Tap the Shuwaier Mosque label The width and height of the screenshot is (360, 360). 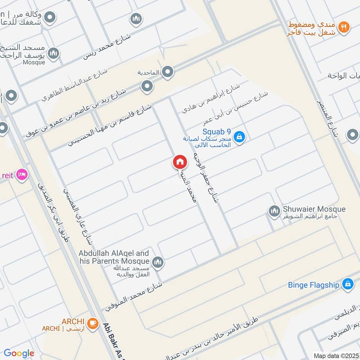314,209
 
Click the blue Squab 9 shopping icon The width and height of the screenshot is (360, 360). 240,136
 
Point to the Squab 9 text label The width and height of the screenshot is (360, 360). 216,131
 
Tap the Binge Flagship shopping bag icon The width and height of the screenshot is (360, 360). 347,284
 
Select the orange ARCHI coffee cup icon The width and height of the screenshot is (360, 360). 93,323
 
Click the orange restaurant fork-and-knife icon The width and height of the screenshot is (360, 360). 344,27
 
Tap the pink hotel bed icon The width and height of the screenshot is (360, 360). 22,174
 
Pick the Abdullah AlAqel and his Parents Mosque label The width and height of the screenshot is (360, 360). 114,257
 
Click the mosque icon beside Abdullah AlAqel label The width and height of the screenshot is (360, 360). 157,261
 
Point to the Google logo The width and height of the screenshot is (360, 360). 19,353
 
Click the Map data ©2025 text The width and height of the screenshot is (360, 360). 336,355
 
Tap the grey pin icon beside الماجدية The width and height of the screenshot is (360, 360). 168,72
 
